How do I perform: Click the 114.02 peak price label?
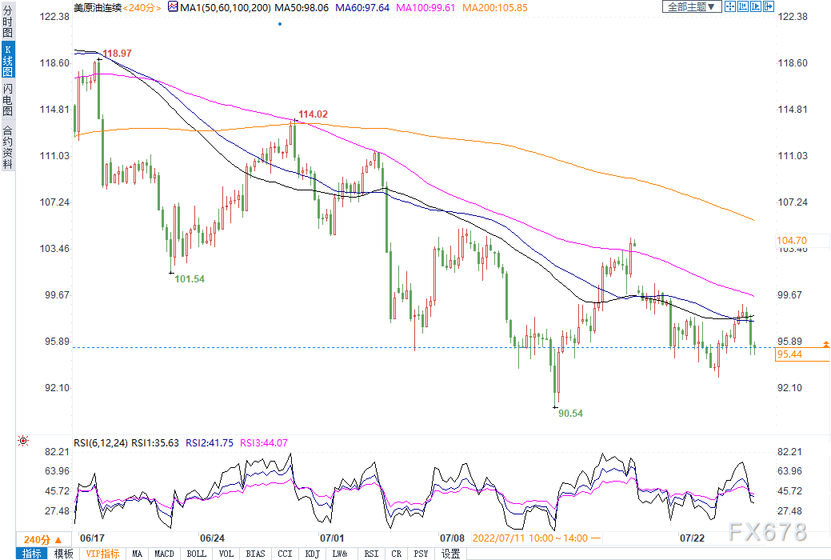314,114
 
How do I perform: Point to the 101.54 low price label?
190,279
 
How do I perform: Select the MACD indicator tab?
164,554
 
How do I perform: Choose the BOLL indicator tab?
196,554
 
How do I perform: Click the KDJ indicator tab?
314,554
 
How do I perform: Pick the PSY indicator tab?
421,554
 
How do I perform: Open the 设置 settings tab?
451,554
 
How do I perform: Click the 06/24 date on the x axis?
212,538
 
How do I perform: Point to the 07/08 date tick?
453,538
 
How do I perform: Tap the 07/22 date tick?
691,538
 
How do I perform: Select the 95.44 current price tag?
790,354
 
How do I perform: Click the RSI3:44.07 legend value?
265,442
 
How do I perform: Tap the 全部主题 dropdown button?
691,7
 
